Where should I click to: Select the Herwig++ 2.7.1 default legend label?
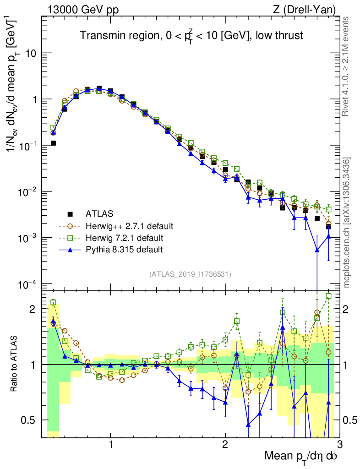tap(129, 226)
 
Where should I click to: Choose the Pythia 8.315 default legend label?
tap(124, 250)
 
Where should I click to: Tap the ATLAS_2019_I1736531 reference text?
tap(190, 274)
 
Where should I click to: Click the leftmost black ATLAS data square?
tap(53, 143)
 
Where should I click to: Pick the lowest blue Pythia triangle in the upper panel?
tap(317, 250)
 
